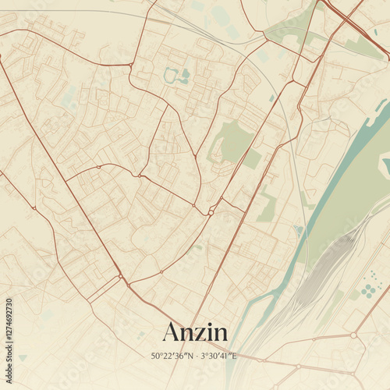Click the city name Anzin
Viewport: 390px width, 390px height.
(195, 332)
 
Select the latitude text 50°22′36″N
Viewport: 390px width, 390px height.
(173, 356)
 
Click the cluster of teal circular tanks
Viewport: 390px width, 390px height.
(369, 289)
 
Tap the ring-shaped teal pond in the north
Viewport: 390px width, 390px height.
(171, 76)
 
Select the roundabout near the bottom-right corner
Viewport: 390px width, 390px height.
(353, 335)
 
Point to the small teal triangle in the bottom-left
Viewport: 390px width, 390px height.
(23, 357)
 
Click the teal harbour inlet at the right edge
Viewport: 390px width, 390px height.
(385, 165)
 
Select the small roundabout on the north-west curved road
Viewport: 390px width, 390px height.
(99, 166)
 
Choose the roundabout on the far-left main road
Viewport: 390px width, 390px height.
(34, 207)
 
